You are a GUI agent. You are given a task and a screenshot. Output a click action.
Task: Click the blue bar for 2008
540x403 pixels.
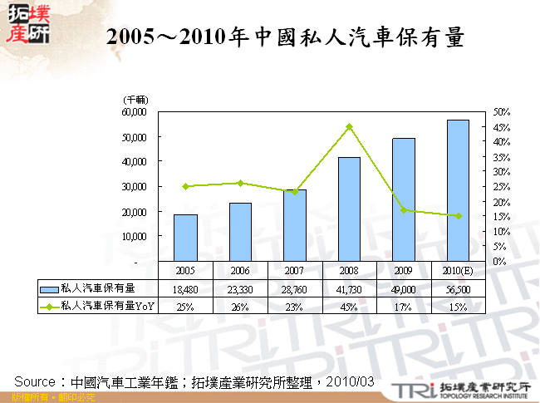pos(349,209)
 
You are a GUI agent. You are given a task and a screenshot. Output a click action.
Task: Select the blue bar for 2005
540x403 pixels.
pos(185,238)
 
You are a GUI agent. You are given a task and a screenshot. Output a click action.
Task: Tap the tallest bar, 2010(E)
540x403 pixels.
pos(458,190)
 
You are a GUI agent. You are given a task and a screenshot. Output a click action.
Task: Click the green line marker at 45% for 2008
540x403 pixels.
pos(349,127)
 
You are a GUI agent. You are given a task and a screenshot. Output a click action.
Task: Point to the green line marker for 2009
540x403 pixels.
pos(404,210)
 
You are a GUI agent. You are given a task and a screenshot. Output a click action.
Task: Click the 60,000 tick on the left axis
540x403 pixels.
pos(134,111)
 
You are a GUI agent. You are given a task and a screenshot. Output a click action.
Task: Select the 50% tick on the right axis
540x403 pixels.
pos(501,111)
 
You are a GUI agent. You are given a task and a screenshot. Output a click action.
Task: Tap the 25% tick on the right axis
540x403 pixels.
pos(501,186)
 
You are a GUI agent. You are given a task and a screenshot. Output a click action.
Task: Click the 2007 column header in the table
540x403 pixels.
pos(295,271)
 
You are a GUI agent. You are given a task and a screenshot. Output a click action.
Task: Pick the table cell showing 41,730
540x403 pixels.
pos(349,289)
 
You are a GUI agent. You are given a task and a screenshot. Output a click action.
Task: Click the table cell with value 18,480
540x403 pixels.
pos(185,289)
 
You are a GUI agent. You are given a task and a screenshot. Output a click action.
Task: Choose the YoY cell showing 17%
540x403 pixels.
pos(404,307)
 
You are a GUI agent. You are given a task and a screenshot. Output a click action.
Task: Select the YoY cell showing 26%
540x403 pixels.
pos(240,307)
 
